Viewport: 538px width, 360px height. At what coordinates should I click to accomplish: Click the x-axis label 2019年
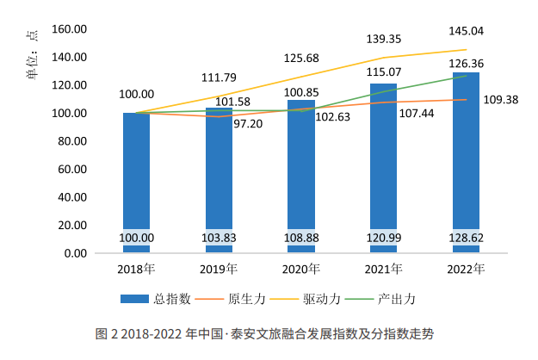(219, 270)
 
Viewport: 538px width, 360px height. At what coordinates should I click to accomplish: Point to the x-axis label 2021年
(383, 270)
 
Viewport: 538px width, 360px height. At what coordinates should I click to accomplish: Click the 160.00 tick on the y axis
(70, 29)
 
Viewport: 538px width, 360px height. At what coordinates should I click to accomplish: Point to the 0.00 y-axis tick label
(76, 254)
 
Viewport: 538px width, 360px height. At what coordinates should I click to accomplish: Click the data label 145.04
(466, 31)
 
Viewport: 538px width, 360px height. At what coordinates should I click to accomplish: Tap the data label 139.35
(383, 40)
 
